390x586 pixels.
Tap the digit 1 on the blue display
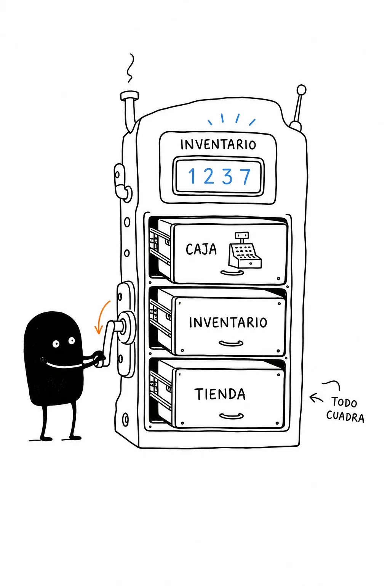pyautogui.click(x=192, y=175)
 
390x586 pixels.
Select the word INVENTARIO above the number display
pyautogui.click(x=218, y=145)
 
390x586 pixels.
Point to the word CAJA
pyautogui.click(x=201, y=249)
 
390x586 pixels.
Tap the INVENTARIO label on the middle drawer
pyautogui.click(x=228, y=322)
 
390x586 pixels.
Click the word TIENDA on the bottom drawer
pyautogui.click(x=220, y=394)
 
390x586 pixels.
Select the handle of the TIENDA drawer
pyautogui.click(x=232, y=416)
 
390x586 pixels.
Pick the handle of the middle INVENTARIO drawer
pyautogui.click(x=231, y=343)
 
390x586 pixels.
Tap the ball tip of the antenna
pyautogui.click(x=302, y=90)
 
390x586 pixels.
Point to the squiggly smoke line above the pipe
pyautogui.click(x=130, y=68)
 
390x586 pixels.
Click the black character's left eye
pyautogui.click(x=56, y=344)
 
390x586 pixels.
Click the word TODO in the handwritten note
pyautogui.click(x=344, y=402)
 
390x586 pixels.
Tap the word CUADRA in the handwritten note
pyautogui.click(x=345, y=416)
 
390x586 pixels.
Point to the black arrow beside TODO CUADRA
pyautogui.click(x=316, y=398)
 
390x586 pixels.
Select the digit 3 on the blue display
pyautogui.click(x=227, y=176)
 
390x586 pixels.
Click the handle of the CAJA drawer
pyautogui.click(x=232, y=273)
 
